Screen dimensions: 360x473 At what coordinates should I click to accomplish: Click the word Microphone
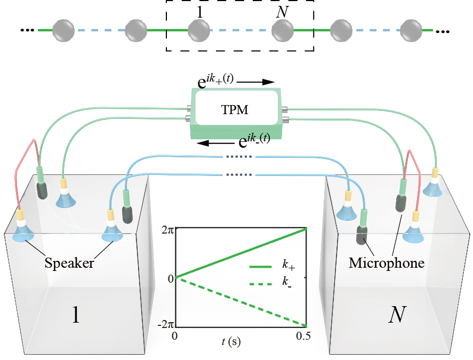click(x=386, y=263)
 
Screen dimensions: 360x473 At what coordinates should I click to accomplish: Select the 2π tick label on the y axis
click(x=167, y=230)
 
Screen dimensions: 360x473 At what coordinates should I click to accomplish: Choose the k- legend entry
click(x=291, y=282)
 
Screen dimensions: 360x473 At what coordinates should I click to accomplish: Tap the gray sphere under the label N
click(x=282, y=30)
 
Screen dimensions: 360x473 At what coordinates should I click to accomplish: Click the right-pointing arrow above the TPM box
click(x=255, y=83)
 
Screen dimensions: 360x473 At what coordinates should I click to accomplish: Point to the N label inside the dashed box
click(x=281, y=12)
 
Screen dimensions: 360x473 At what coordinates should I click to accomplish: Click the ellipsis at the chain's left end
click(x=27, y=30)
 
